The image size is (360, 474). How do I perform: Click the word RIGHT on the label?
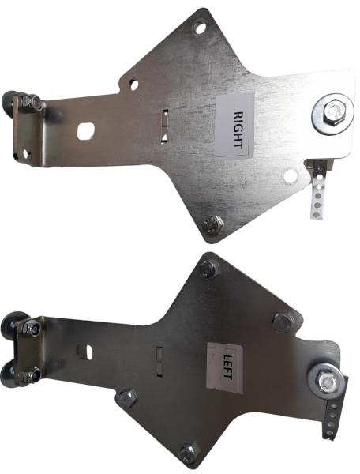point(238,130)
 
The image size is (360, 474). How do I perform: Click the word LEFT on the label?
point(227,367)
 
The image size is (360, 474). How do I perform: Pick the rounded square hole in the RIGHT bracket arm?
point(86,132)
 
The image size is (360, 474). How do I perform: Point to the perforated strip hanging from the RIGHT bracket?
point(317,190)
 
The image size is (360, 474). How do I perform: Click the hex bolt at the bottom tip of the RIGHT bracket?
point(212,224)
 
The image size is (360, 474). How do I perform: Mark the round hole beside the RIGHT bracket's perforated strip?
point(291,176)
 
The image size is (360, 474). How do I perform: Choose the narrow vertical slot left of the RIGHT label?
point(164,126)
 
